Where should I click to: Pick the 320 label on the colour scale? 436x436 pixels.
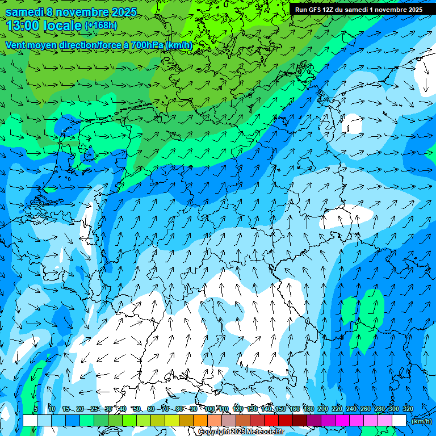[x=408, y=409]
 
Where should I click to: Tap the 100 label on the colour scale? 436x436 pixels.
[x=209, y=409]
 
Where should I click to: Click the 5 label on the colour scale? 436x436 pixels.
[x=36, y=409]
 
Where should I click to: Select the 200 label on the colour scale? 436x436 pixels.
[x=323, y=409]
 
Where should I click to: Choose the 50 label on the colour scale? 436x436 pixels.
[x=137, y=409]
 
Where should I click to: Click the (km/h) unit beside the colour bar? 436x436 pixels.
[x=421, y=421]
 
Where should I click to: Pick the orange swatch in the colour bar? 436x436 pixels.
[x=200, y=421]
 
